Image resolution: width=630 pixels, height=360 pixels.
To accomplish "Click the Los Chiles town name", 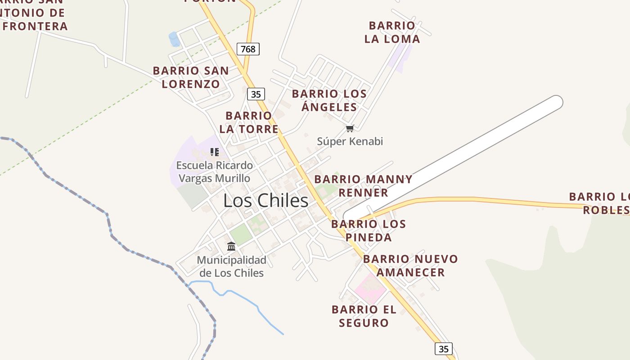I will tap(266, 201).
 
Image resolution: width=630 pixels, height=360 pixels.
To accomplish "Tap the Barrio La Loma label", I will tap(392, 32).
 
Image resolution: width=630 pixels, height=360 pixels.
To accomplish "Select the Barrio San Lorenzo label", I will tap(191, 77).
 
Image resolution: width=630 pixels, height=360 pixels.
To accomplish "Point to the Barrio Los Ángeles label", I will tap(329, 100).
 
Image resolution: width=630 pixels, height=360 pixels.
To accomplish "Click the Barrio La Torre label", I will tap(249, 122).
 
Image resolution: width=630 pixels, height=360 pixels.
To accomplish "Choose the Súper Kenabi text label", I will tap(350, 141).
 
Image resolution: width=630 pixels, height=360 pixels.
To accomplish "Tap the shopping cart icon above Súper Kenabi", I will tap(350, 129).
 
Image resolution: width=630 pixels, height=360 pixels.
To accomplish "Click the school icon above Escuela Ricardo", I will tap(215, 152).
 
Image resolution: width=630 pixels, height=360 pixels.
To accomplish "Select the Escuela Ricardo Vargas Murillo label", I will tap(214, 172).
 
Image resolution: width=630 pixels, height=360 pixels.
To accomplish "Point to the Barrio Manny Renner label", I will tap(363, 186).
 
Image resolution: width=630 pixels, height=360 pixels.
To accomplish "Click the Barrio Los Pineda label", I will tap(369, 230).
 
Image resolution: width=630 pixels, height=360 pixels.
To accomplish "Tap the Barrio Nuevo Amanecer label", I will tap(410, 265).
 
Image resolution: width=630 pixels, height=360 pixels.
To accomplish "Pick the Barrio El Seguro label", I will tap(364, 316).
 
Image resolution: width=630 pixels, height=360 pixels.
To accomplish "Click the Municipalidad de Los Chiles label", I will tap(232, 266).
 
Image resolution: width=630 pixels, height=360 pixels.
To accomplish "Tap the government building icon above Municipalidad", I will tap(231, 246).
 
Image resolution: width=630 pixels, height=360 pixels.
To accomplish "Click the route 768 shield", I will tap(248, 49).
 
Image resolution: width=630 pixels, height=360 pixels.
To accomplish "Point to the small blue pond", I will tap(174, 40).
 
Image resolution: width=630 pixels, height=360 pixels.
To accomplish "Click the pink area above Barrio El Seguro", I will tap(370, 288).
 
